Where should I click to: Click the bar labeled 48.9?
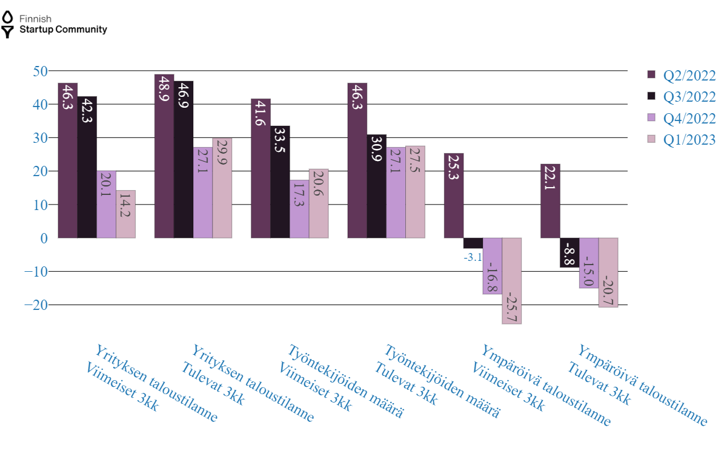coord(164,156)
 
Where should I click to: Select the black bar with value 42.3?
coord(87,167)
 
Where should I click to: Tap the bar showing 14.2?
coord(125,214)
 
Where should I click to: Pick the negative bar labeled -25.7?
coord(511,281)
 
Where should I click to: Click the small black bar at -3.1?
coord(473,243)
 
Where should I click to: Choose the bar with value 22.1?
coord(550,201)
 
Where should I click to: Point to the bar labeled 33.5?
coord(280,182)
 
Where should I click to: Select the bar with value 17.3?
coord(299,209)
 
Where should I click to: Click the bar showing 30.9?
coord(376,186)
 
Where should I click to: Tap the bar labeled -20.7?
coord(608,272)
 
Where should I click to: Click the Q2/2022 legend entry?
coord(681,75)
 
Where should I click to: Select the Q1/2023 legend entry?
coord(681,140)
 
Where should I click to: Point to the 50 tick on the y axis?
coord(40,71)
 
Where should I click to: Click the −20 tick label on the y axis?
coord(35,304)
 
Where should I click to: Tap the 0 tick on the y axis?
coord(44,238)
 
